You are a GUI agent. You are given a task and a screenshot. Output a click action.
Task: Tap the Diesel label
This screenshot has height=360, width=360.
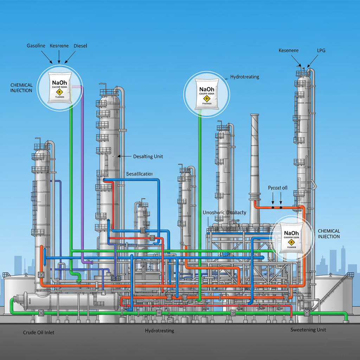click(80, 46)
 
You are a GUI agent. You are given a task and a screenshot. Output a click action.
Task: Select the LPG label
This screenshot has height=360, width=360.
click(321, 51)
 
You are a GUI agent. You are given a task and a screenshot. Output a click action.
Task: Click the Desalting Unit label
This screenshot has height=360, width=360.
click(148, 156)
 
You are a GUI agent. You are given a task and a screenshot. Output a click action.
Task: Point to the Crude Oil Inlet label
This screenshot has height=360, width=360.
click(39, 332)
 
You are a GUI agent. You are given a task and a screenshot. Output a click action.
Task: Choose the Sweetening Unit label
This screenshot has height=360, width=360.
click(308, 330)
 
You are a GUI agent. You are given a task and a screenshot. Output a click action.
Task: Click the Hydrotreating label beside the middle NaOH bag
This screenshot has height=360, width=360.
click(244, 77)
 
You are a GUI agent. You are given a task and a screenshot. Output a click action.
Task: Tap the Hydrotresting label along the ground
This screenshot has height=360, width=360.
click(159, 331)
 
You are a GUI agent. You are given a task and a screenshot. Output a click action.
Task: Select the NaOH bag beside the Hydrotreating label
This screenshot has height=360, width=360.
click(206, 93)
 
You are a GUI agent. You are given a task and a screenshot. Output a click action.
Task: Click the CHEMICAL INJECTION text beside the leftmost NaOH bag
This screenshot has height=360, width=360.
click(21, 88)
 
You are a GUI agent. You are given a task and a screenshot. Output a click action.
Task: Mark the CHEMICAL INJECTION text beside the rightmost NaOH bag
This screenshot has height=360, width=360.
click(329, 234)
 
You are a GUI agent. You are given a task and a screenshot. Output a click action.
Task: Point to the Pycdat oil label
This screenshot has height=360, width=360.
click(277, 188)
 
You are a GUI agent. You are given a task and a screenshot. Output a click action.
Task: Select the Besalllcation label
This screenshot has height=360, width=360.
click(139, 174)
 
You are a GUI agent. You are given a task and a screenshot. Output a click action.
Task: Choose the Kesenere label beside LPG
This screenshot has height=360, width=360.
click(288, 51)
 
